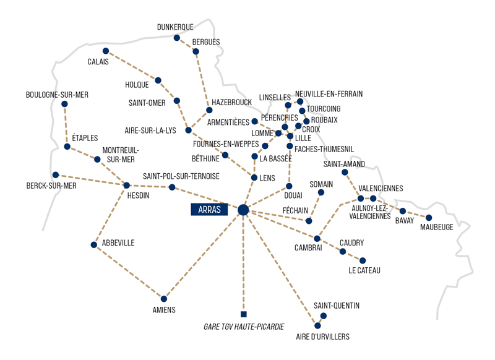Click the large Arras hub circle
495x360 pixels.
coord(243,210)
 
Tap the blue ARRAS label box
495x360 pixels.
coord(209,210)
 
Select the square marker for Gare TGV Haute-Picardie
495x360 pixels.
coord(243,314)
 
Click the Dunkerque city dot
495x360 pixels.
coord(177,38)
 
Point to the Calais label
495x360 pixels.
coord(98,61)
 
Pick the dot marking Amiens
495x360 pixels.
coord(164,299)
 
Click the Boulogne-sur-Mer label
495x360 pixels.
coord(57,95)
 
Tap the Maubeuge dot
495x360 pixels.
coord(429,218)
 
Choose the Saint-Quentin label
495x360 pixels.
coord(337,306)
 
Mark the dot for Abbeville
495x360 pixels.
coord(94,245)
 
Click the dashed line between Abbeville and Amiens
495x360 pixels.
coord(129,272)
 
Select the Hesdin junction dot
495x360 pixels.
coord(127,185)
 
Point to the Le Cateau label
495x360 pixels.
coord(364,270)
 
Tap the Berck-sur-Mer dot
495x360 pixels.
coord(56,175)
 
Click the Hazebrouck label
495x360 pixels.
coord(231,102)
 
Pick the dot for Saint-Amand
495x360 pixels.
coord(345,173)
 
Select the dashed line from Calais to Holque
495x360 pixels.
coord(132,66)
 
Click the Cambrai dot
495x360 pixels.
coord(317,239)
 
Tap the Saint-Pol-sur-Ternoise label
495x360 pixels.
coord(181,176)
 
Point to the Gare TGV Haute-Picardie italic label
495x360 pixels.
coord(244,327)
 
